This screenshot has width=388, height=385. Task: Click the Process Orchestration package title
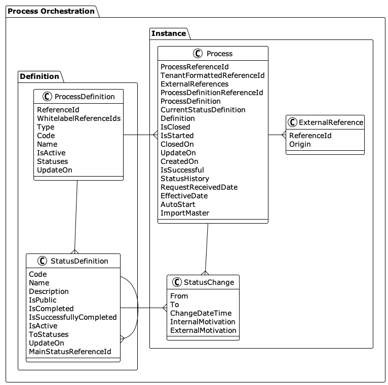(x=51, y=11)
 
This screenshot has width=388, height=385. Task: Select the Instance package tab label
(x=169, y=33)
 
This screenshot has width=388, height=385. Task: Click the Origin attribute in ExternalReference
(x=300, y=144)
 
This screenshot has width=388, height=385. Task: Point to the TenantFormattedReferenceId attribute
(x=212, y=75)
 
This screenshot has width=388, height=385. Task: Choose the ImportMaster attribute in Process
(x=184, y=213)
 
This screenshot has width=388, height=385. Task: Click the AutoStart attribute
(x=177, y=204)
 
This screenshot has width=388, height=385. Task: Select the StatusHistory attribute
(x=184, y=179)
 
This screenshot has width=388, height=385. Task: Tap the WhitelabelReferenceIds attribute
(x=79, y=118)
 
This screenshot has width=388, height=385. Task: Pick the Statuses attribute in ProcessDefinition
(x=52, y=161)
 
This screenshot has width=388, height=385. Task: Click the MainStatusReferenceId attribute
(x=70, y=352)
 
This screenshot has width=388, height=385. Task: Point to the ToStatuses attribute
(x=49, y=334)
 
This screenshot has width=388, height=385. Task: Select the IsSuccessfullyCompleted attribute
(x=72, y=317)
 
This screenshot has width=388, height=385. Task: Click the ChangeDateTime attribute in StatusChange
(x=201, y=313)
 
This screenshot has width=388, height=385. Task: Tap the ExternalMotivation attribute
(x=203, y=330)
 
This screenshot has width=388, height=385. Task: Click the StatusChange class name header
(x=209, y=282)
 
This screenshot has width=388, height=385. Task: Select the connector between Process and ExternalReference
(x=277, y=135)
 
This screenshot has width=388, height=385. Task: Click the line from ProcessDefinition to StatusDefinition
(x=76, y=215)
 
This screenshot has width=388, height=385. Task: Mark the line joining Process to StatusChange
(x=207, y=248)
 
